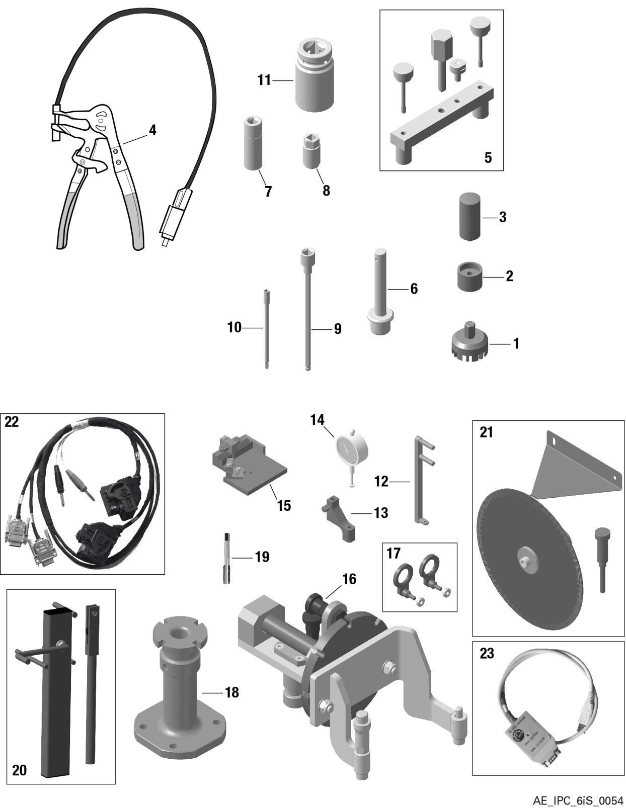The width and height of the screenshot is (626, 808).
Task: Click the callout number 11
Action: (x=264, y=80)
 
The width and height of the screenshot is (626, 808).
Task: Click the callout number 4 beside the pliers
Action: (x=152, y=130)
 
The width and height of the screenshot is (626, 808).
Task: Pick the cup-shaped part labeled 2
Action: (x=469, y=276)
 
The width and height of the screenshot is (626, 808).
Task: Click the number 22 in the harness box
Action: (x=12, y=422)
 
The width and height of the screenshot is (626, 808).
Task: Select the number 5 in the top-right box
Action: (x=488, y=157)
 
